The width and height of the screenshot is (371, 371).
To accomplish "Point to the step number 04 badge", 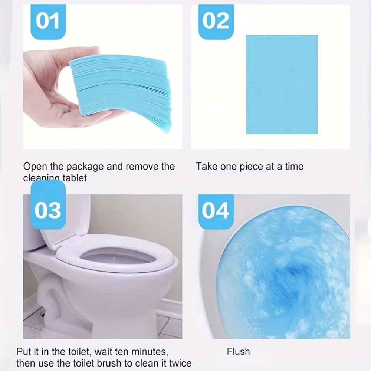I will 216,211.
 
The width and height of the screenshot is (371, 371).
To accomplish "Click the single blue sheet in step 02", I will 282,85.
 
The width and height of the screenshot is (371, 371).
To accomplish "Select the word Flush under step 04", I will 238,351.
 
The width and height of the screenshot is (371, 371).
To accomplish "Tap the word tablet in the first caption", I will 75,178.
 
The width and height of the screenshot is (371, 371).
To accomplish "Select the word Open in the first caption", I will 32,166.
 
